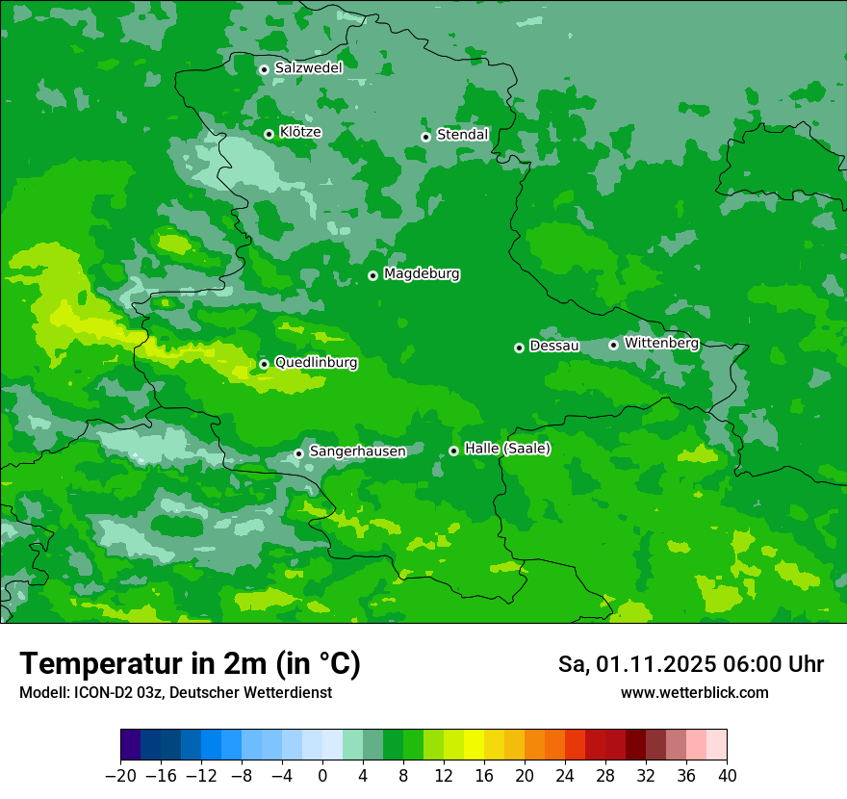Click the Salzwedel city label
308,68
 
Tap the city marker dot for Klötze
269,134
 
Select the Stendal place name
462,135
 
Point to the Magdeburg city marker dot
372,275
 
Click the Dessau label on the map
553,346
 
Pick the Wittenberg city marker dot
613,345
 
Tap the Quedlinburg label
316,363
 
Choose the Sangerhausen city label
357,451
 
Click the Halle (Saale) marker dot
453,451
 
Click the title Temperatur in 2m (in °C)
190,664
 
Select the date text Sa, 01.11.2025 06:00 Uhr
690,665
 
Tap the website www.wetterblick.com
694,692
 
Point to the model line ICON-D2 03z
175,692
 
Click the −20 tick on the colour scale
120,776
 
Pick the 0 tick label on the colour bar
322,776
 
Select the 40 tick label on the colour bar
727,776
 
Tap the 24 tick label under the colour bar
565,776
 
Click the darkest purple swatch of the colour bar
130,745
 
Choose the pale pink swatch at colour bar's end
716,745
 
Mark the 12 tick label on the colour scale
444,776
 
